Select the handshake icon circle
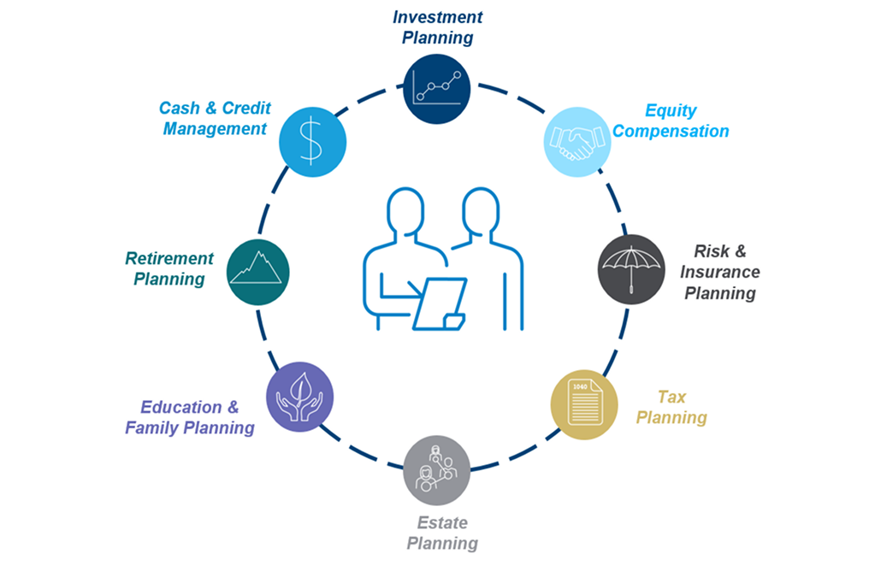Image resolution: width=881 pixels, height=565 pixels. point(577,140)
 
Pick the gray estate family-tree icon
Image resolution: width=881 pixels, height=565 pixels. point(436,470)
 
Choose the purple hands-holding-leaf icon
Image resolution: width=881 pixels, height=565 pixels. point(299,397)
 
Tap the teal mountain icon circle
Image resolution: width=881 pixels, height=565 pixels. point(258,271)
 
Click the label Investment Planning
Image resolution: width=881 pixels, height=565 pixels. point(437,26)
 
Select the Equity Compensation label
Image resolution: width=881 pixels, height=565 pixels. point(671,121)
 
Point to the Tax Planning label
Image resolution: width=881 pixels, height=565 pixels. point(671,407)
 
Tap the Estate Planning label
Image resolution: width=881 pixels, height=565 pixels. point(441,532)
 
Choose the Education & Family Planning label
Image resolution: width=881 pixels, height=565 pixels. point(190,417)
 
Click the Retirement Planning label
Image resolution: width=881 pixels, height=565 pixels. point(169,268)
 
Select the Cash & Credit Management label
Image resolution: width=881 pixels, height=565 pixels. point(214,118)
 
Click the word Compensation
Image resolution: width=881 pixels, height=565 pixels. point(671,132)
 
